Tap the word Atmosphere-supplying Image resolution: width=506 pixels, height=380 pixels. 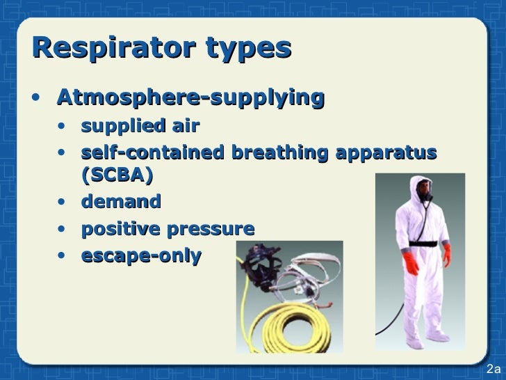pyautogui.click(x=190, y=99)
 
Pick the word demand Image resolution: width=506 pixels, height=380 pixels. pyautogui.click(x=121, y=202)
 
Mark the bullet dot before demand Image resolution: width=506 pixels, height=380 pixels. pyautogui.click(x=63, y=203)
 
